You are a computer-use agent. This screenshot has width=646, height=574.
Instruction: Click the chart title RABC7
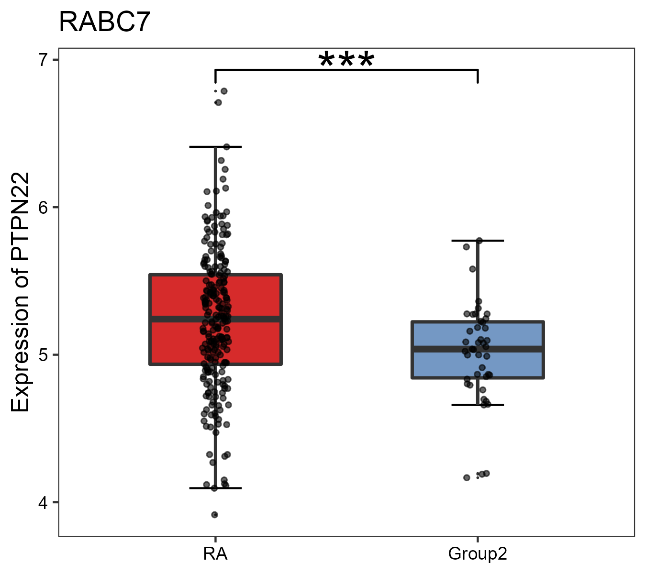click(104, 22)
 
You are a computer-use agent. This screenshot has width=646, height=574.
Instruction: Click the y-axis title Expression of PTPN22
click(20, 292)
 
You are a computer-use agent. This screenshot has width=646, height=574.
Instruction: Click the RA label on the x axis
click(215, 554)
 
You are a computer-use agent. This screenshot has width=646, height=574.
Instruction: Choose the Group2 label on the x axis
click(477, 554)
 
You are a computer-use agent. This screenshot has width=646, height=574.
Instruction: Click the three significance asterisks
click(346, 60)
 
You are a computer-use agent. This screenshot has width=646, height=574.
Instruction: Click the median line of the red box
click(258, 319)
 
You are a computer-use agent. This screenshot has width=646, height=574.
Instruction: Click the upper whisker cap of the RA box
click(215, 147)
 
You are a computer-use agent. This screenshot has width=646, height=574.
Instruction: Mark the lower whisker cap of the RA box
click(215, 488)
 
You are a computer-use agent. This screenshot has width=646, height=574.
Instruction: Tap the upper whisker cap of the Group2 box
click(478, 241)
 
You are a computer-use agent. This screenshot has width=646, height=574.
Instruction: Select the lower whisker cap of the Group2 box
click(478, 405)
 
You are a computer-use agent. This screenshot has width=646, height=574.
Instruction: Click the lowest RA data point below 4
click(215, 515)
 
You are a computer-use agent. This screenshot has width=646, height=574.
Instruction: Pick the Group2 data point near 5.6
click(472, 269)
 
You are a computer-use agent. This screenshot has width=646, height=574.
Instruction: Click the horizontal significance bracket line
click(346, 70)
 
